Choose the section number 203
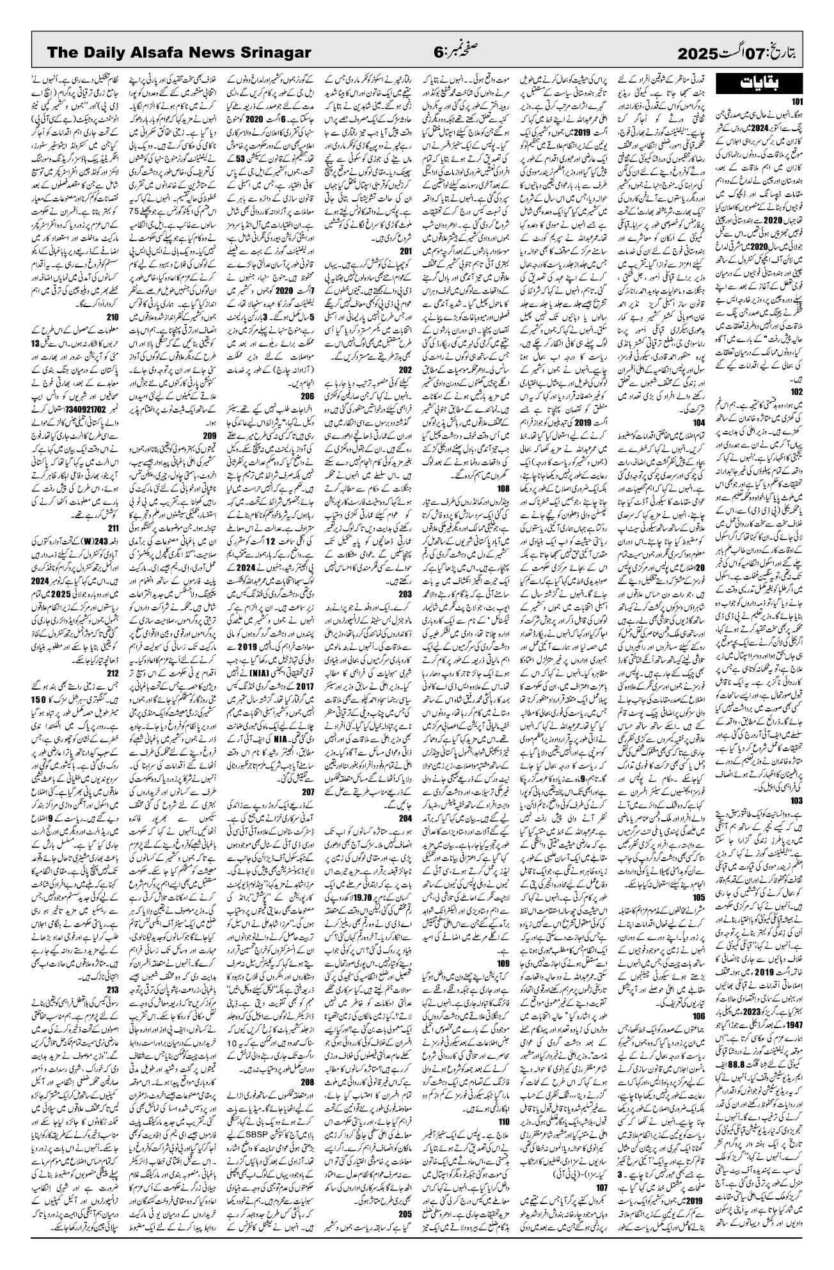point(405,593)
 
